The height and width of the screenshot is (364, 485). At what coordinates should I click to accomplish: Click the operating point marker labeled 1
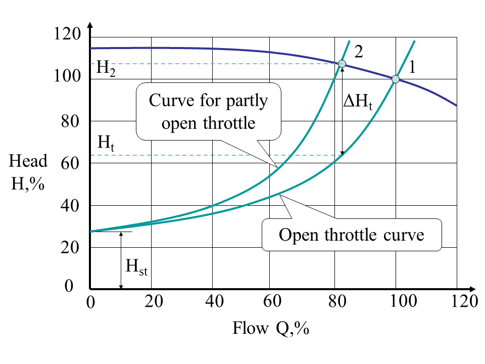(396, 79)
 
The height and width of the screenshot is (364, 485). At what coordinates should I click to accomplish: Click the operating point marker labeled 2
(342, 64)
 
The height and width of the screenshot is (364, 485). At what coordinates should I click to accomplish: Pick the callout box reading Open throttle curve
(352, 235)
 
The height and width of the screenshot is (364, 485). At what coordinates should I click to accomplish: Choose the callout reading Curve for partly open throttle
(208, 111)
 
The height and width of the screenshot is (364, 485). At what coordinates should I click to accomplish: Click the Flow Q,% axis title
(270, 329)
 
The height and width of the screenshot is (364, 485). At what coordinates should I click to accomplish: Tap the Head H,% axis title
(29, 172)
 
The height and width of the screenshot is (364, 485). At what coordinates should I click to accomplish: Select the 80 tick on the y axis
(70, 121)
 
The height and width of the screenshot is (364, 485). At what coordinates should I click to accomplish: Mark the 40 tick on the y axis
(70, 205)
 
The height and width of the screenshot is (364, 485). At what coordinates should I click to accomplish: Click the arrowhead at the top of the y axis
(89, 25)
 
